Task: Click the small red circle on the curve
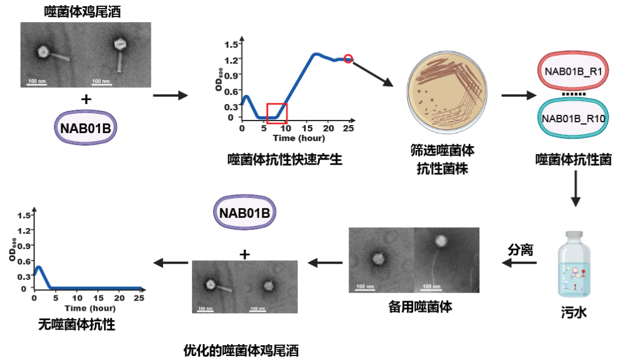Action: pos(348,59)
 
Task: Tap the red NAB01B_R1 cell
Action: pos(575,71)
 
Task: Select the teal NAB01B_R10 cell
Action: pos(575,118)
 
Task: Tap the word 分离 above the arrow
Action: pos(520,250)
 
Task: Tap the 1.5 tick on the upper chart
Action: pos(231,45)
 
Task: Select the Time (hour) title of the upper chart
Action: pos(298,138)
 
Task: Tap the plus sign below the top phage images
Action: pos(86,99)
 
